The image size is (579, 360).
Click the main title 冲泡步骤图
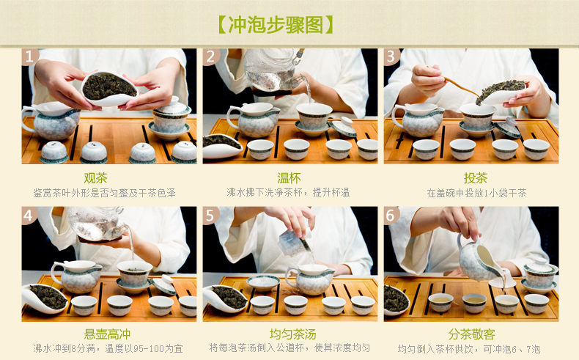pos(276,25)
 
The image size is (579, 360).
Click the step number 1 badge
pos(29,56)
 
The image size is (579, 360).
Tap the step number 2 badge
pos(210,56)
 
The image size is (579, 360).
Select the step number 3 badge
pos(391,56)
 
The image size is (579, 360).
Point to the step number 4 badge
pos(29,215)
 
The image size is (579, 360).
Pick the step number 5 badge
pos(210,215)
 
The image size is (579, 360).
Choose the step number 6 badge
pos(391,215)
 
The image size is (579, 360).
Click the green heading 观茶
pos(95,178)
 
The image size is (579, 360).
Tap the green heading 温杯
pos(289,178)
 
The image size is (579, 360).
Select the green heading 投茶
pos(476,178)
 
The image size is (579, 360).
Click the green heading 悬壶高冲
pos(107,334)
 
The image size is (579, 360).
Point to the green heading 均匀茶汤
pos(293,334)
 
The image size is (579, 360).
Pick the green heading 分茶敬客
pos(471,334)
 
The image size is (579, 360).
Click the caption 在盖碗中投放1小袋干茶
pos(476,193)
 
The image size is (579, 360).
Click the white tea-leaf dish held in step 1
pos(109,89)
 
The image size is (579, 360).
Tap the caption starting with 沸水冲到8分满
pos(108,348)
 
